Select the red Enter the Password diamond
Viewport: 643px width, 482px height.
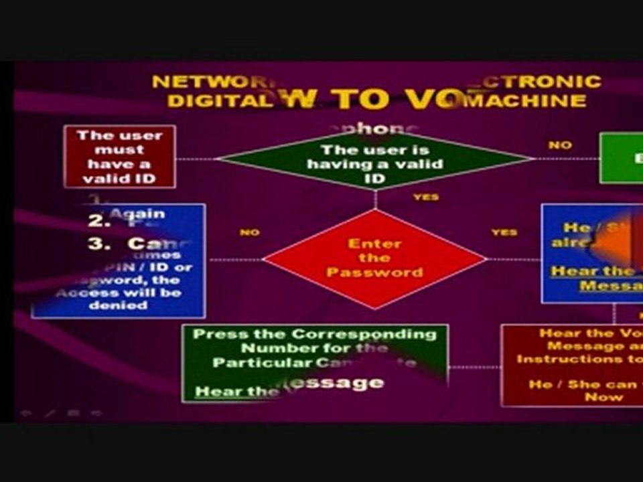374,258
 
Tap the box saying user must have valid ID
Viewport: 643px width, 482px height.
119,157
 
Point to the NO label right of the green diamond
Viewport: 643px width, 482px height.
560,145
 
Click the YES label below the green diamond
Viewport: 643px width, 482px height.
425,197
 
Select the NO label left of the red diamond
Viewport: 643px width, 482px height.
249,232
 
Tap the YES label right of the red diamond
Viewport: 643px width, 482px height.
504,232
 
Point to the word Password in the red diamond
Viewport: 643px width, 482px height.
374,272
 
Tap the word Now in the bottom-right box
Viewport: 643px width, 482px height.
603,397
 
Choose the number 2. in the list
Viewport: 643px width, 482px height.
98,220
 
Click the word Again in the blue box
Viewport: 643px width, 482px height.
137,214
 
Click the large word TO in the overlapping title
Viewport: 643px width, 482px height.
362,99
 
